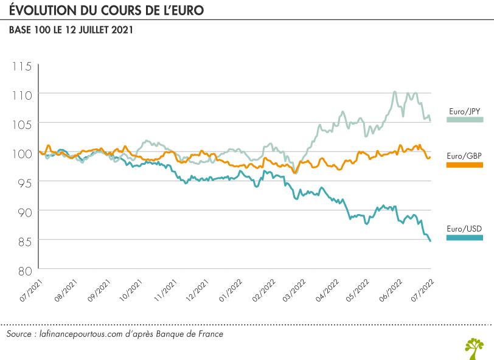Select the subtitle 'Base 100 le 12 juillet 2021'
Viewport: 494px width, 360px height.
pos(71,30)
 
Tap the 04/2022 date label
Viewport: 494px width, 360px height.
pos(329,289)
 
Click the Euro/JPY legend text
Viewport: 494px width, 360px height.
pos(465,111)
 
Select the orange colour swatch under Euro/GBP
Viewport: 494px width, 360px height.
pos(465,165)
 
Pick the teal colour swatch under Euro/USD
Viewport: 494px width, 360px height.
pos(465,238)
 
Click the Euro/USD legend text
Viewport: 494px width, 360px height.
pos(465,229)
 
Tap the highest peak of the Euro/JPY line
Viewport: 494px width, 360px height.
pos(395,92)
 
